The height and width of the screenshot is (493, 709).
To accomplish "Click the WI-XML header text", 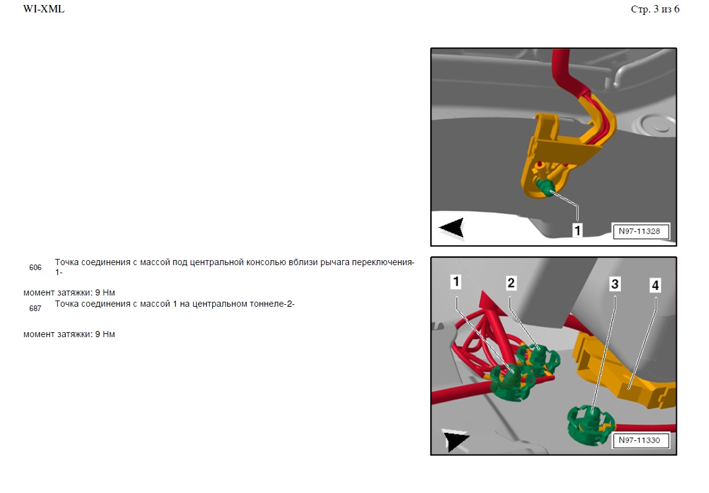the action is tap(44, 9).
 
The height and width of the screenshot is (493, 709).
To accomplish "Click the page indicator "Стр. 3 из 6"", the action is tap(655, 9).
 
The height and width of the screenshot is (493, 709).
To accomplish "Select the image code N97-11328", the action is tap(639, 231).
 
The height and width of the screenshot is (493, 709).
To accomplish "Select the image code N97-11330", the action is tap(639, 440).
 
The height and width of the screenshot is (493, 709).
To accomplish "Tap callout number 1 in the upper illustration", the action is tap(577, 231).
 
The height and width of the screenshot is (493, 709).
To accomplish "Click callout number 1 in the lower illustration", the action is tap(456, 282).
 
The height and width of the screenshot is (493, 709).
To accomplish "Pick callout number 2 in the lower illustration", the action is tap(511, 283).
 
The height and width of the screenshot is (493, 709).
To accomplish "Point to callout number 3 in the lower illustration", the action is tap(615, 284).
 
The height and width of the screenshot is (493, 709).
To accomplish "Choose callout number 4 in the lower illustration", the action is tap(655, 286).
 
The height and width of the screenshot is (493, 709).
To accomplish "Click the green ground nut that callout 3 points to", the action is tap(590, 424).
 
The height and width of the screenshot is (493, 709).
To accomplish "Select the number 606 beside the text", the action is tap(35, 268).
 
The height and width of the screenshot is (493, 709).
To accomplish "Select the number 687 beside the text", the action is tap(35, 309).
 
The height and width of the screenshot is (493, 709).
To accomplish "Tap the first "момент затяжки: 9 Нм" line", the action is tap(69, 292).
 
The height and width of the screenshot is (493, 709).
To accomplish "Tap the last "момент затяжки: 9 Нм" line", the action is tap(69, 334).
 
